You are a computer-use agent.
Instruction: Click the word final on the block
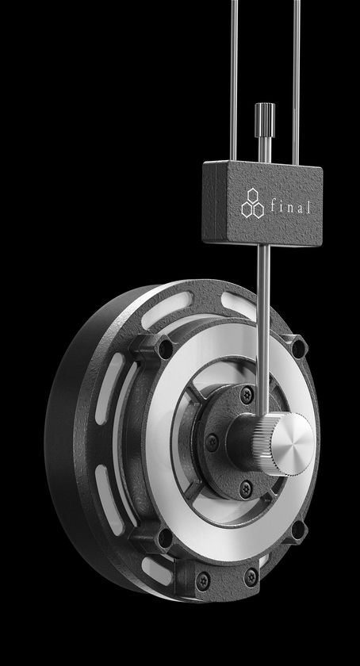click(x=290, y=206)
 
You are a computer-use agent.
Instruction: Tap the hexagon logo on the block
click(x=252, y=204)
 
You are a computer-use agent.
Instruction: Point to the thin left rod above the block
click(x=234, y=81)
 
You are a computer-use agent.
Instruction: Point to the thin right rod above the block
click(x=297, y=82)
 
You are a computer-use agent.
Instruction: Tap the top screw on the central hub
click(x=247, y=395)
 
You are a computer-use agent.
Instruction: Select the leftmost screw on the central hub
click(x=212, y=442)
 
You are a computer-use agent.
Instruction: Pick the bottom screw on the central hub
click(x=246, y=490)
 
